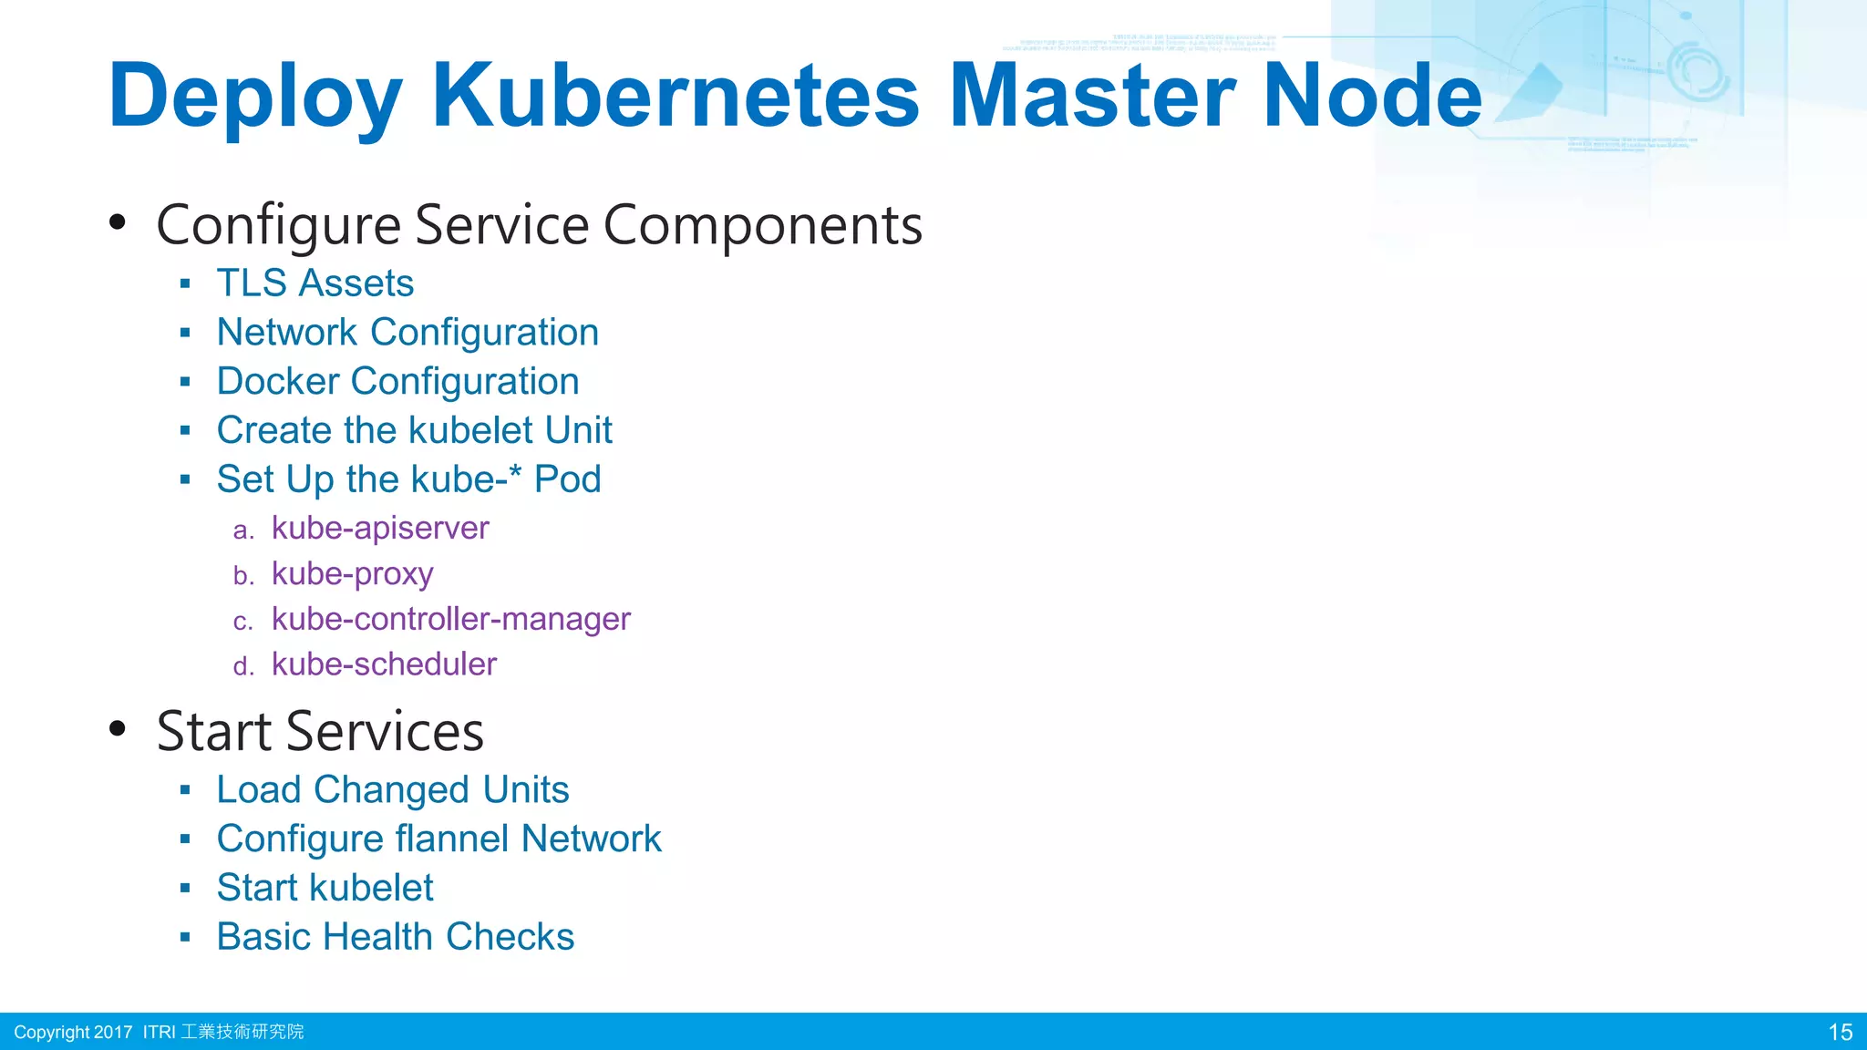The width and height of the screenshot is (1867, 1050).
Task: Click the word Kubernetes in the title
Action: pos(675,96)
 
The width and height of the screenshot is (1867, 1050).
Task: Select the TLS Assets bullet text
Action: pos(315,283)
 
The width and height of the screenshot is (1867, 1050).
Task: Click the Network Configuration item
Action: pos(407,333)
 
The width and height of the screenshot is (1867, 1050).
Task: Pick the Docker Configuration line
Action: pos(397,382)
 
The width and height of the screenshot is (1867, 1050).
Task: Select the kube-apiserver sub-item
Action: pos(380,528)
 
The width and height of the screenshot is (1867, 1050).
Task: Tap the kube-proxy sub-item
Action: pos(352,574)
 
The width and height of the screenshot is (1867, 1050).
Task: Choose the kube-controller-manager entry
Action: pos(450,619)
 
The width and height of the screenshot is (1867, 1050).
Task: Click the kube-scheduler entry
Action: pos(384,664)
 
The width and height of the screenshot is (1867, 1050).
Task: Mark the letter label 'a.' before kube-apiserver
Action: pos(242,530)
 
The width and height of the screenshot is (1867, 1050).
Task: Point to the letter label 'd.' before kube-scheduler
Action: pos(242,667)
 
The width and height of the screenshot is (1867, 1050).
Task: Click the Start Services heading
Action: pos(319,731)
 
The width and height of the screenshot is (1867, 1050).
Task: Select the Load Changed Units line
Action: pos(392,790)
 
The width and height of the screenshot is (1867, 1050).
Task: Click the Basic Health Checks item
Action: pos(395,937)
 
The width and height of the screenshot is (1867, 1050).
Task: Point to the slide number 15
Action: pos(1840,1032)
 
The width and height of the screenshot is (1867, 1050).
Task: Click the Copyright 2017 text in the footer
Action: pos(73,1032)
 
